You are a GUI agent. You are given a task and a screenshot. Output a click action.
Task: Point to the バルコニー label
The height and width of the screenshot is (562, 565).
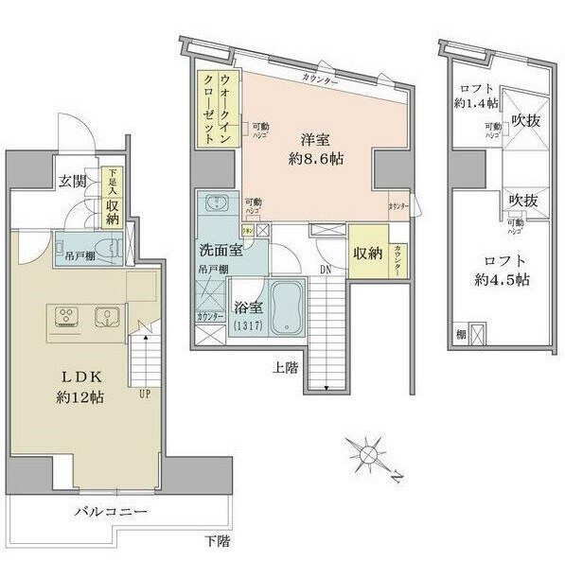coord(112,512)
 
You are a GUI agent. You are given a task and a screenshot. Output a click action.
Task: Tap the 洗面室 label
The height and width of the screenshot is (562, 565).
coord(219,251)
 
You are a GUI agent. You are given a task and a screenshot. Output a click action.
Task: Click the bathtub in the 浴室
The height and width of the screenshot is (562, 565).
coord(286,307)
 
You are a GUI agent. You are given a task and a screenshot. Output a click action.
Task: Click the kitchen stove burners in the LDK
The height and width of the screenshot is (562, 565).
coord(68,316)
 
